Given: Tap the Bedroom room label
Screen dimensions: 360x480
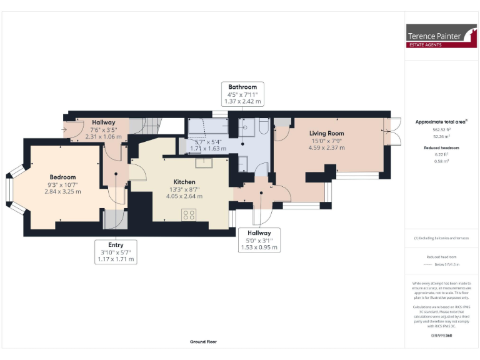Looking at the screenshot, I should click(63, 177).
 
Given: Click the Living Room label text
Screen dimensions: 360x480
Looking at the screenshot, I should click(327, 133).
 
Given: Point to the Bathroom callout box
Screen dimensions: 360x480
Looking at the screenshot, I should click(242, 94).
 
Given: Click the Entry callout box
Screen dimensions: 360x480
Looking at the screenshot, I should click(116, 252).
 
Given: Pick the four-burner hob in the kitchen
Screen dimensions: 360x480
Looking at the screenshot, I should click(188, 215).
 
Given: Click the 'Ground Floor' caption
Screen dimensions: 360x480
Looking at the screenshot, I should click(203, 342).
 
